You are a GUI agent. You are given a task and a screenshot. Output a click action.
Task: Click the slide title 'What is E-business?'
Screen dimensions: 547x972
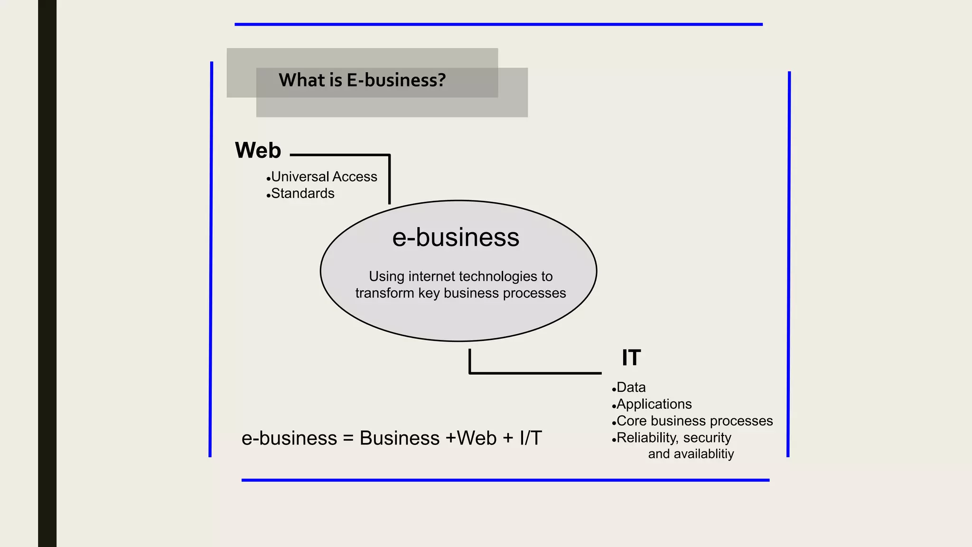click(x=362, y=80)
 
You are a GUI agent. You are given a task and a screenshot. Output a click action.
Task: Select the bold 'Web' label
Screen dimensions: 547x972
click(x=258, y=151)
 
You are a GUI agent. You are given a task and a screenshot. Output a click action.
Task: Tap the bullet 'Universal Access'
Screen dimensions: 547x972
click(x=324, y=177)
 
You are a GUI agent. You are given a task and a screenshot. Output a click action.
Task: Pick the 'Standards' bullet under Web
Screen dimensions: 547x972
click(x=303, y=194)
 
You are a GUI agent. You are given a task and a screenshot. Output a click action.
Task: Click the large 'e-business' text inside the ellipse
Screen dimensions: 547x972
click(x=456, y=237)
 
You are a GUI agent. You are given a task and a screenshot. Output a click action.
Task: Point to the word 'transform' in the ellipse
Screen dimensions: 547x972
click(x=384, y=293)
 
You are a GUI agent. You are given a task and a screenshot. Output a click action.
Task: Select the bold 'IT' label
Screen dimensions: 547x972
click(x=631, y=358)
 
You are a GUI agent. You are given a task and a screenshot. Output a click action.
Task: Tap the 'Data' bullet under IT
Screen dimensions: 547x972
click(x=631, y=387)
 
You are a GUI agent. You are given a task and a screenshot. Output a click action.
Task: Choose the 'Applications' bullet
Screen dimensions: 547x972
click(x=654, y=404)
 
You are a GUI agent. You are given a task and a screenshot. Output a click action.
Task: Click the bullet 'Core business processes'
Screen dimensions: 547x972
click(x=694, y=421)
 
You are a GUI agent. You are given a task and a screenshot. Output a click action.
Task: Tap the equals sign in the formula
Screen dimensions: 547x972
click(x=348, y=438)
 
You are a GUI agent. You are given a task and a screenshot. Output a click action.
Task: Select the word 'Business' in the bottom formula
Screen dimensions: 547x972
click(x=400, y=438)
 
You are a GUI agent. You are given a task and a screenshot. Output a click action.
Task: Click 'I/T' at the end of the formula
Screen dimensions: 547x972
click(x=531, y=438)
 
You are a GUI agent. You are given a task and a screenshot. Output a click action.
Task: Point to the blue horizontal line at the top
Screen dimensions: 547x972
click(x=498, y=24)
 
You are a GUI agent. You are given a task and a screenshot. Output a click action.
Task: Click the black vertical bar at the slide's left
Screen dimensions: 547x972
click(x=47, y=273)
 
